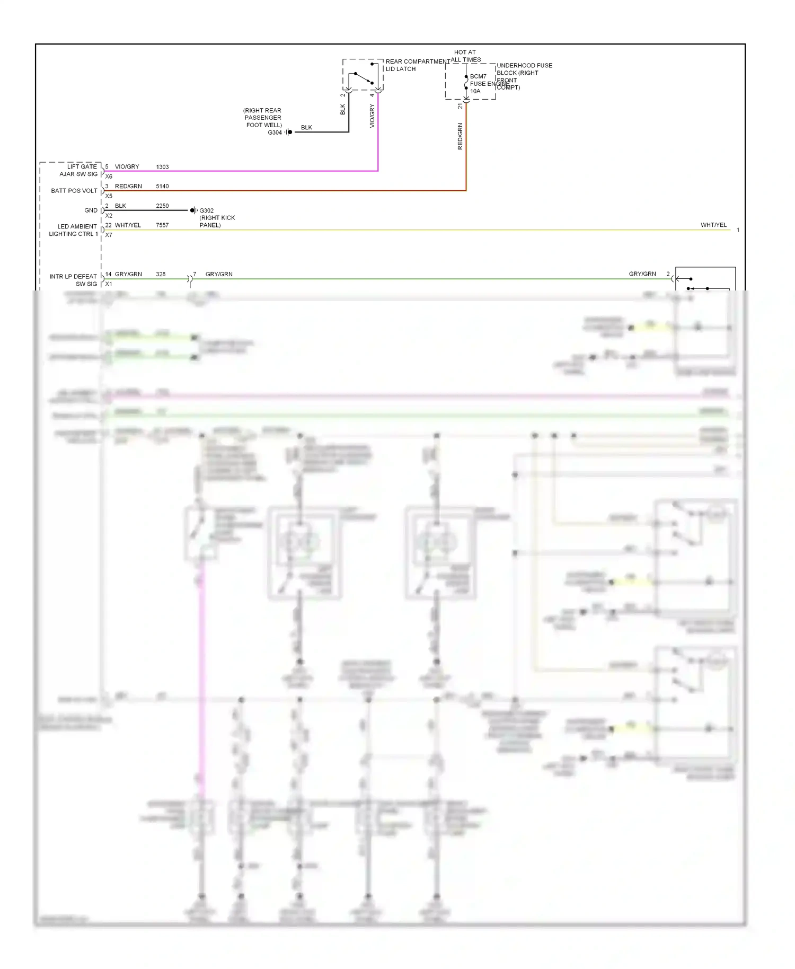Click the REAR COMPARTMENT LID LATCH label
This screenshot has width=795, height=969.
pyautogui.click(x=416, y=65)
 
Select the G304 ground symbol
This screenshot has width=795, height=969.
pyautogui.click(x=289, y=132)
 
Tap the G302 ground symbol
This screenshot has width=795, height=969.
pyautogui.click(x=193, y=210)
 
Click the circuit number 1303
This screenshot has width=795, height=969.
pyautogui.click(x=162, y=167)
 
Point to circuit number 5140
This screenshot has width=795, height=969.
pyautogui.click(x=162, y=187)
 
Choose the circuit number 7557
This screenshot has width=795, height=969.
pyautogui.click(x=162, y=225)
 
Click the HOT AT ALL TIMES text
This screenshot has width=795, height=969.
pyautogui.click(x=465, y=56)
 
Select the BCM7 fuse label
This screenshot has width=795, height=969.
pyautogui.click(x=478, y=76)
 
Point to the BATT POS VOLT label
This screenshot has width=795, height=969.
pyautogui.click(x=74, y=191)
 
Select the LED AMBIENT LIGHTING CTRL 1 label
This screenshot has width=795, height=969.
pyautogui.click(x=74, y=230)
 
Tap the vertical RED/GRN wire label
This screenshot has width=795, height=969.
pyautogui.click(x=460, y=136)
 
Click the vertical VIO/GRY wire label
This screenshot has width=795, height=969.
pyautogui.click(x=372, y=116)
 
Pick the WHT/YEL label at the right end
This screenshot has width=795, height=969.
pyautogui.click(x=713, y=225)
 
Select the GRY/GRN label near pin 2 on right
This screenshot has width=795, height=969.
pyautogui.click(x=642, y=274)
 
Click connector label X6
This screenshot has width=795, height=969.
pyautogui.click(x=109, y=177)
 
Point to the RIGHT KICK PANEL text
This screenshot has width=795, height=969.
pyautogui.click(x=217, y=222)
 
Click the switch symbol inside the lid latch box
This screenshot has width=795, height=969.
pyautogui.click(x=364, y=78)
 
